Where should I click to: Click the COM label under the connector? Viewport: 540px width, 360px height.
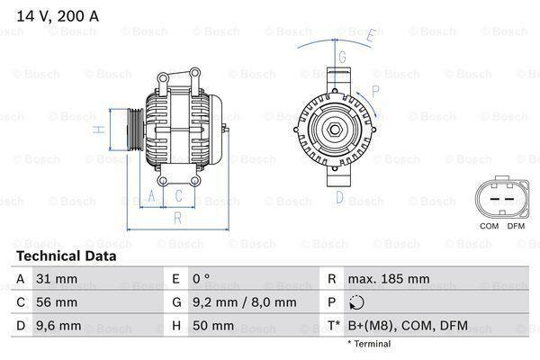pyautogui.click(x=489, y=225)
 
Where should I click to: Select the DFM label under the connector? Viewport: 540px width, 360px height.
pyautogui.click(x=515, y=225)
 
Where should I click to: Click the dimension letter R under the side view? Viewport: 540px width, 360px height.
pyautogui.click(x=177, y=217)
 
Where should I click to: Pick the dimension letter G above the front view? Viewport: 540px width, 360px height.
pyautogui.click(x=342, y=56)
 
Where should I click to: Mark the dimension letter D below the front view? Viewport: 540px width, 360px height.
pyautogui.click(x=341, y=196)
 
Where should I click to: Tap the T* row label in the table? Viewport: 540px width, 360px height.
pyautogui.click(x=335, y=325)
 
